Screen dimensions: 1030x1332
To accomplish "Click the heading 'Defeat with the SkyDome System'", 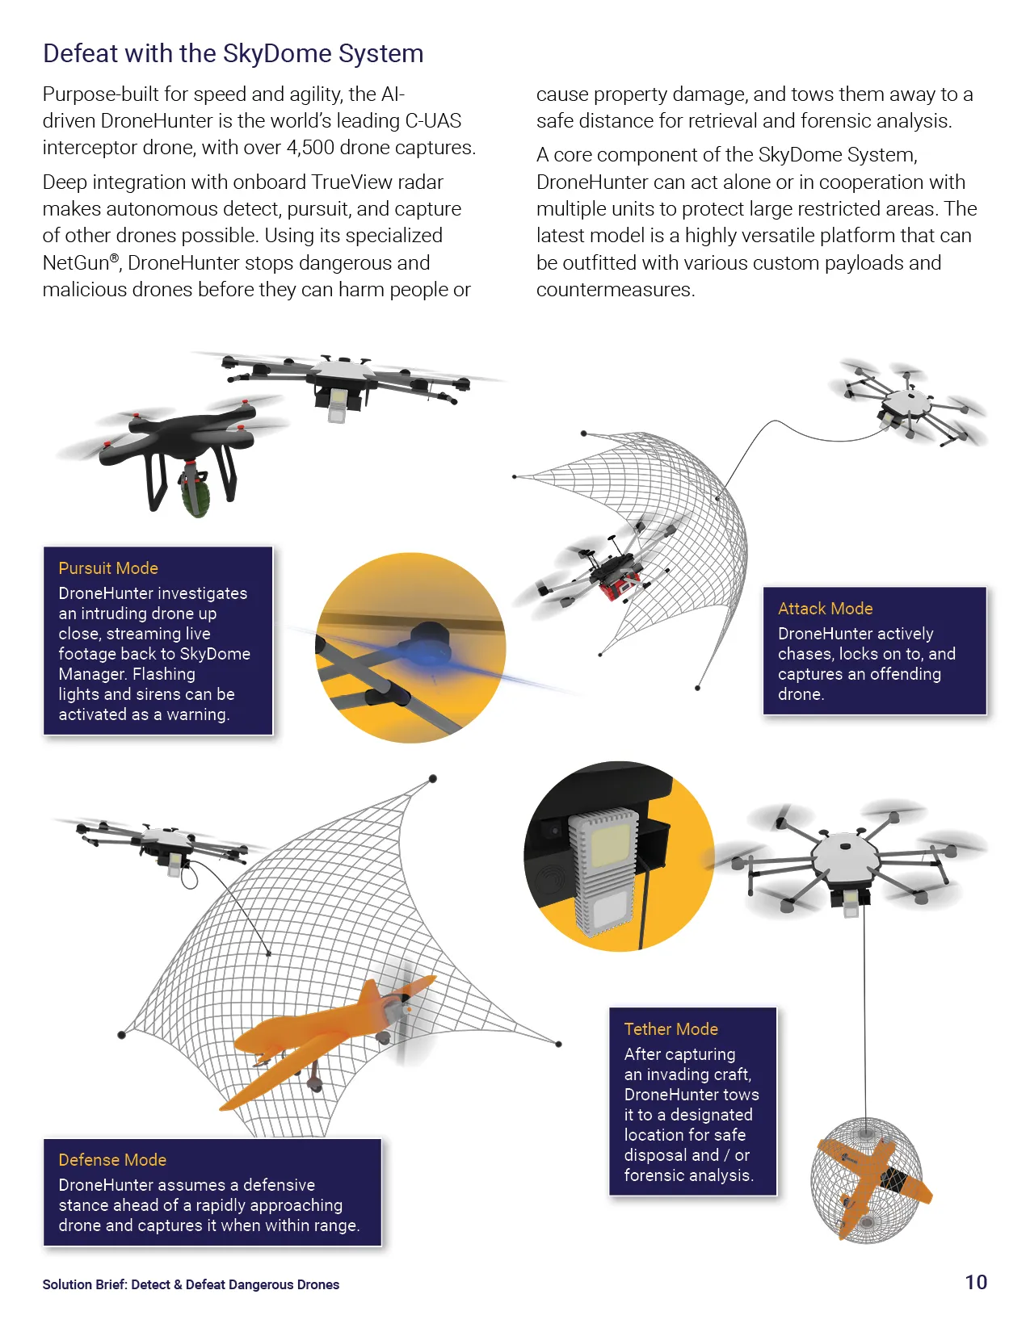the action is (x=233, y=53).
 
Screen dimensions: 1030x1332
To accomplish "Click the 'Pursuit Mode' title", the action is (x=108, y=568).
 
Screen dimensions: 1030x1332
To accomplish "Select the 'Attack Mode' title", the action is (x=825, y=609).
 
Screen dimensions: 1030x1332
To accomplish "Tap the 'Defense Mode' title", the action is (x=112, y=1160).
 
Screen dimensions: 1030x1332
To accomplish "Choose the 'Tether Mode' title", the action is (x=671, y=1029).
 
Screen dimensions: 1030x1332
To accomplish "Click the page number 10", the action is (x=976, y=1282).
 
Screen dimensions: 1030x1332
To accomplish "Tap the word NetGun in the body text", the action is (x=76, y=263).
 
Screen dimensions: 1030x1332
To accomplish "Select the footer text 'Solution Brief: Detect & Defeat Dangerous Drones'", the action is (x=191, y=1284).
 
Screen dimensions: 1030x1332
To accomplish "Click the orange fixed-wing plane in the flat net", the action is (x=328, y=1039).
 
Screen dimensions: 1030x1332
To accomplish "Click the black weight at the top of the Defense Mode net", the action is (x=432, y=778).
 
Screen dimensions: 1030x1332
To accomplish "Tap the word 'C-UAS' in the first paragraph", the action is (x=433, y=121).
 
